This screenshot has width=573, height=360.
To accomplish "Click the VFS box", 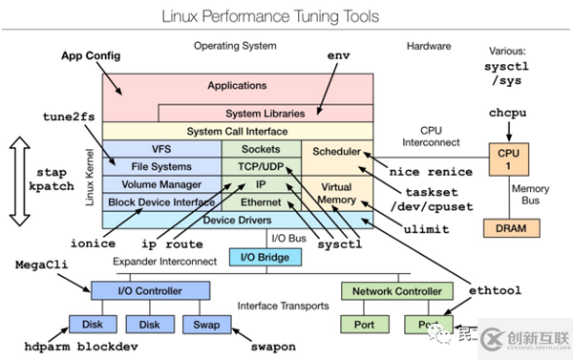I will click(160, 149).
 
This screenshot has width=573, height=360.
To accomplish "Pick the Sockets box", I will click(261, 149).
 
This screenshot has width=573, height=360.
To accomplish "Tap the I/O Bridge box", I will click(265, 257).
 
